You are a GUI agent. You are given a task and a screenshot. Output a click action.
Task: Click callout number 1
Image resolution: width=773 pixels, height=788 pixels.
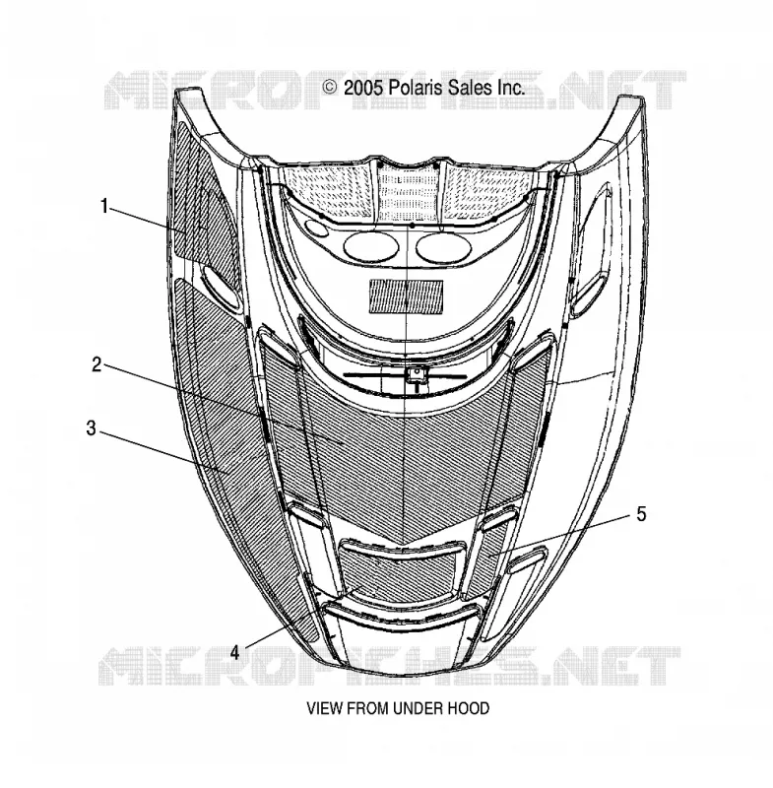click(x=104, y=206)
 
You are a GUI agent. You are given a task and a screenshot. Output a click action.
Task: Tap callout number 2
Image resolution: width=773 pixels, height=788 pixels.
click(x=97, y=364)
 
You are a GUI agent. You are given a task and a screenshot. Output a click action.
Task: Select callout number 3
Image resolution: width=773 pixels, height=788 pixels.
click(x=91, y=428)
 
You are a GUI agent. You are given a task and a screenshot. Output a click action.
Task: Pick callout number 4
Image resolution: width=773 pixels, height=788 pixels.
click(x=235, y=653)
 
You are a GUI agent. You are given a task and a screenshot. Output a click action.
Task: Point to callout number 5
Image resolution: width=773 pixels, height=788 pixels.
click(x=641, y=514)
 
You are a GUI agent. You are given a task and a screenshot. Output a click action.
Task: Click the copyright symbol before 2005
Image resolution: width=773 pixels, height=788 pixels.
click(x=330, y=88)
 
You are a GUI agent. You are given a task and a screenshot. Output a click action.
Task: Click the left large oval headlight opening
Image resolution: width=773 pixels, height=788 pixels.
click(x=371, y=247)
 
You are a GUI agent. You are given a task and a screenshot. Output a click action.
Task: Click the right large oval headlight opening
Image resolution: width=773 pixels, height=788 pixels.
click(x=444, y=248)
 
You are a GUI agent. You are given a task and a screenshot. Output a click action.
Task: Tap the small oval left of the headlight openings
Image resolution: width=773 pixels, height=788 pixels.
click(x=317, y=228)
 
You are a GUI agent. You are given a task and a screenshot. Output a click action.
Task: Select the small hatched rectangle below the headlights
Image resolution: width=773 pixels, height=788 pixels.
click(x=407, y=296)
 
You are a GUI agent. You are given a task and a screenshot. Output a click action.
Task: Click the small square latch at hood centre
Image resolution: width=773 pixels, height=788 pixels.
click(x=416, y=374)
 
